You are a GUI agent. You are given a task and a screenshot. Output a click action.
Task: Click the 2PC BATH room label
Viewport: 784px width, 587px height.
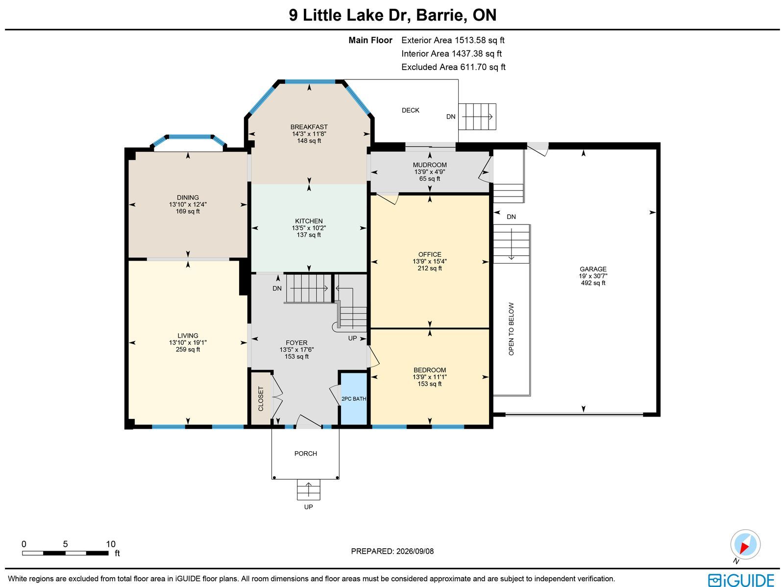click(354, 399)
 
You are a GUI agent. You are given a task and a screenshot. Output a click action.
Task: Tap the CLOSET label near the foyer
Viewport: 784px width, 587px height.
click(261, 398)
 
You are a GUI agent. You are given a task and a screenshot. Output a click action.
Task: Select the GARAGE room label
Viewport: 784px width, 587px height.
click(593, 269)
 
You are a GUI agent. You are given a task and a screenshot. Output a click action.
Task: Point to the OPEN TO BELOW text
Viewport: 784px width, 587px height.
click(511, 329)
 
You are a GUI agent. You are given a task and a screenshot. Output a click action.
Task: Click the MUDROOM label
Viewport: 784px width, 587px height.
click(430, 165)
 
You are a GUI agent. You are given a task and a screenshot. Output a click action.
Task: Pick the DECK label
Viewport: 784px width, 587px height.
click(411, 110)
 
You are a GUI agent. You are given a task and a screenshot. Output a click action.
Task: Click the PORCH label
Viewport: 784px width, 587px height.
click(305, 453)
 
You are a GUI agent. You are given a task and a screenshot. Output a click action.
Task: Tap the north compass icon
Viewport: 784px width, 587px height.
click(745, 544)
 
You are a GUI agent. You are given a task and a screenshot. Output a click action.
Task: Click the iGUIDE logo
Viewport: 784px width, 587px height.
click(741, 580)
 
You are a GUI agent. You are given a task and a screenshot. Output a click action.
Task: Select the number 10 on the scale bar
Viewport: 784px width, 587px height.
click(111, 544)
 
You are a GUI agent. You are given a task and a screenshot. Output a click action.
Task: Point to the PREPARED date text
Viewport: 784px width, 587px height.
click(392, 551)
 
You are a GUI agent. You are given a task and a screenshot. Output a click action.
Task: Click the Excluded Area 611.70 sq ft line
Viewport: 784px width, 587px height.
click(453, 67)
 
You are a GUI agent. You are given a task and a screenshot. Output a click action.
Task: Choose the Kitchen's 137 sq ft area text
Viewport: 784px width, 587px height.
click(309, 235)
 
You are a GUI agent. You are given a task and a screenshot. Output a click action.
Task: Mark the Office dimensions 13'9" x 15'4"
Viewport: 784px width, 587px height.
click(430, 261)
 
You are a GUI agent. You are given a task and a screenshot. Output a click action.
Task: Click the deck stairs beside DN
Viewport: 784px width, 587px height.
click(477, 117)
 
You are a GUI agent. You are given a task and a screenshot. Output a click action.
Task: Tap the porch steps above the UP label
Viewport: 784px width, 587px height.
click(309, 489)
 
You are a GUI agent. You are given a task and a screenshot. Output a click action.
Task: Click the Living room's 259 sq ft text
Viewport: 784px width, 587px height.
click(188, 349)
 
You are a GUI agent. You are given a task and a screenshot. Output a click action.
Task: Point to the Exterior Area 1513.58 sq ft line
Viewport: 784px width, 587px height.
click(453, 40)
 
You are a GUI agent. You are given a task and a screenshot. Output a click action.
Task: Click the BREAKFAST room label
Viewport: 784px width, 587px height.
click(309, 127)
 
